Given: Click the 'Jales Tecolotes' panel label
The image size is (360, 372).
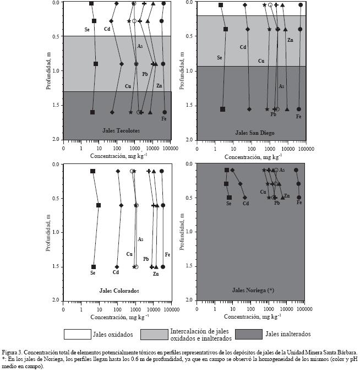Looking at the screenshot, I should click(121, 130).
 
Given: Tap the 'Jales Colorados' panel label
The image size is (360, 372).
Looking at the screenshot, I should click(119, 291).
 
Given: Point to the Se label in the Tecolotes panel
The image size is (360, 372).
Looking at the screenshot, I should click(87, 29).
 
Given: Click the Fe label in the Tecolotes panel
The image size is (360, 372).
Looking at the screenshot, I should click(164, 119).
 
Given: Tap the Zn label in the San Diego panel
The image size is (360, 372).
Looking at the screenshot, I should click(290, 40).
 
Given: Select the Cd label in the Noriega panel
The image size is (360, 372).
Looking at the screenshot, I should click(246, 204).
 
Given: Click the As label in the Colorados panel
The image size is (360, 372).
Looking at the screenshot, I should click(140, 239).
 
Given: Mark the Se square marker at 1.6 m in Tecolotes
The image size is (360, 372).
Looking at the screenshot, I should click(92, 112).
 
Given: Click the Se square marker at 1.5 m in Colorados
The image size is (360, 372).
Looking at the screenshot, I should click(94, 267).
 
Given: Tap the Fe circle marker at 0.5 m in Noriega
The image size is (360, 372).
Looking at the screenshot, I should click(299, 197).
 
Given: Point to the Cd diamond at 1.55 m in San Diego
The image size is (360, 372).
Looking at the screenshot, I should click(249, 109).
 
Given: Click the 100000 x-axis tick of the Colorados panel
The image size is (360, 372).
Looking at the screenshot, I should click(170, 306).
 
